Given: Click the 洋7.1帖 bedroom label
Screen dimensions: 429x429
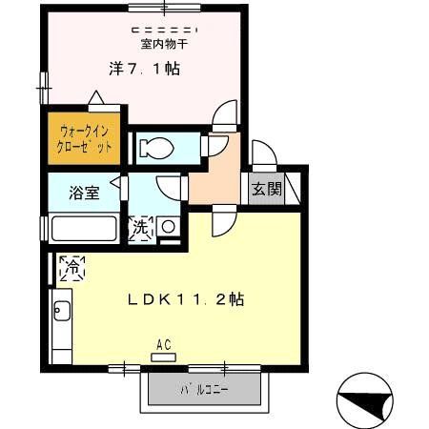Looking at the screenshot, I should [142, 69].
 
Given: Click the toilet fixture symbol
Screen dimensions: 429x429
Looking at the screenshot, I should [154, 147].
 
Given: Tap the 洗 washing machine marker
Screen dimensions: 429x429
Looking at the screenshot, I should [139, 228].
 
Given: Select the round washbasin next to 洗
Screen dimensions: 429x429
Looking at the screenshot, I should [167, 227].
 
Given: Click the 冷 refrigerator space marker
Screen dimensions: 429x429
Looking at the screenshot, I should [71, 269].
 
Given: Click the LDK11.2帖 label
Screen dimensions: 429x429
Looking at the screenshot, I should [187, 298].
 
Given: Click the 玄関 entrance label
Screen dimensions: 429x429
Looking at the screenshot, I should [266, 189].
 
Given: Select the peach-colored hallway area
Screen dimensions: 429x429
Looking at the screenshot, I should [215, 176].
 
